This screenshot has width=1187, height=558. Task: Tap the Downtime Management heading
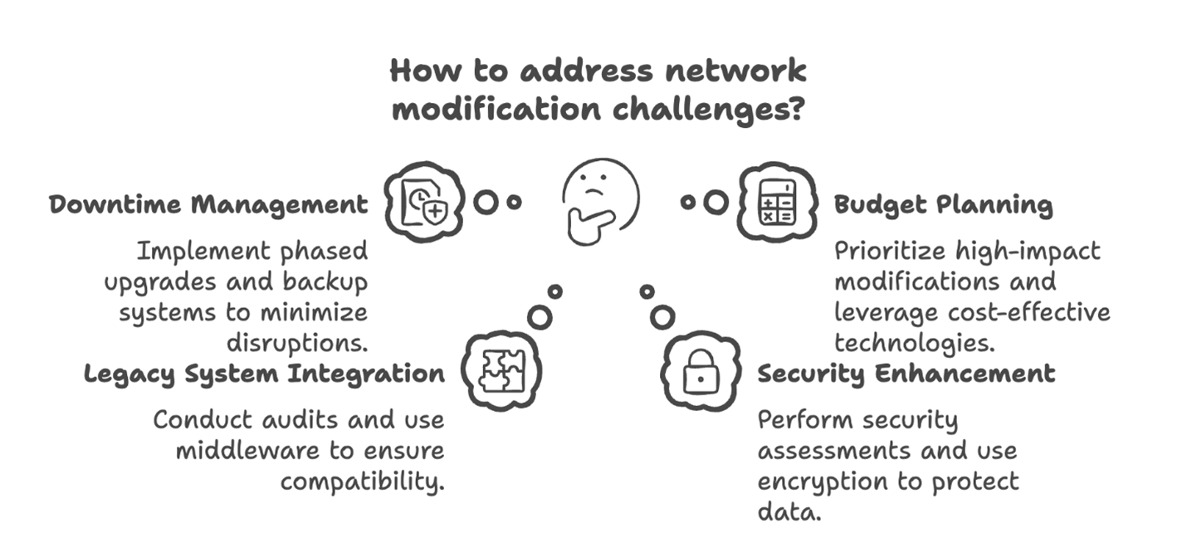[208, 204]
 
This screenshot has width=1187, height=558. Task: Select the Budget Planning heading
[943, 204]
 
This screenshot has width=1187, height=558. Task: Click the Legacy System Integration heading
[264, 374]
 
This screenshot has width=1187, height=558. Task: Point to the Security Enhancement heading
[906, 374]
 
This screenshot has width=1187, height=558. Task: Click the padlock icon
[701, 373]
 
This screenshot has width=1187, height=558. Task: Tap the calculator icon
[778, 202]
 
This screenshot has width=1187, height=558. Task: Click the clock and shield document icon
[423, 202]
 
